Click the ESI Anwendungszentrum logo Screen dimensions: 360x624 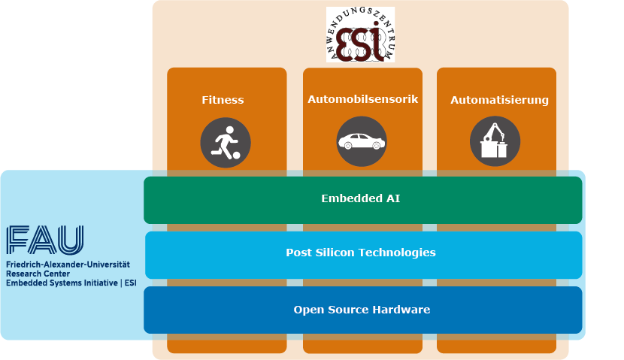(x=360, y=35)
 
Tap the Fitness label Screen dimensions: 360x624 (x=223, y=100)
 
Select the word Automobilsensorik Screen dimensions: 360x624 (x=362, y=99)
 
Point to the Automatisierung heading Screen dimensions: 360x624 (x=499, y=100)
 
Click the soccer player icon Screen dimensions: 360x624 (x=225, y=143)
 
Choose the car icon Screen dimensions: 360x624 (x=361, y=142)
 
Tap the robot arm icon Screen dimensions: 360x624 (x=495, y=142)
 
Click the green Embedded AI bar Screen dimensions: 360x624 (x=363, y=199)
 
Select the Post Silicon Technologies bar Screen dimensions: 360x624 (x=363, y=253)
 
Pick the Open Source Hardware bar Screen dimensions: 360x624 (x=363, y=310)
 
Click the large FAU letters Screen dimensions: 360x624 (x=45, y=240)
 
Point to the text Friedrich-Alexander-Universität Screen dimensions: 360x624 (x=68, y=265)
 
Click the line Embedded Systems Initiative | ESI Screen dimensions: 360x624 (x=71, y=283)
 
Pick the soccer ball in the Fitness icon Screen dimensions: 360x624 (x=236, y=156)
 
